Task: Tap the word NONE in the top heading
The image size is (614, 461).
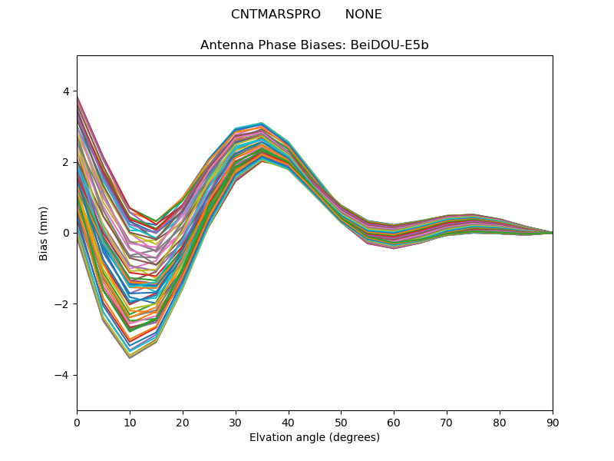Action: [363, 15]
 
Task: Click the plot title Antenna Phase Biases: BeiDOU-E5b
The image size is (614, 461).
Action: [315, 45]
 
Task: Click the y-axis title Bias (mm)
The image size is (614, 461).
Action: [44, 233]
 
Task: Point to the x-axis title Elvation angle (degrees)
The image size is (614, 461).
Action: [315, 437]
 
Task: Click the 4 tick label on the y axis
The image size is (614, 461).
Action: [65, 91]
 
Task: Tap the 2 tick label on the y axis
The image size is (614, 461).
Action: [65, 162]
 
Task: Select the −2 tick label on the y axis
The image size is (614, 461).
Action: [62, 304]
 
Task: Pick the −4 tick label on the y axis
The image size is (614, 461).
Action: [62, 375]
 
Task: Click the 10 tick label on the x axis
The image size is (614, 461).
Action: [130, 422]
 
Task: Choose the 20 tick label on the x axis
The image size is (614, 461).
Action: [183, 422]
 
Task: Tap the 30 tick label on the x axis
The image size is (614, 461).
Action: [236, 422]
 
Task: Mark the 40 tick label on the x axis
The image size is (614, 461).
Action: [289, 422]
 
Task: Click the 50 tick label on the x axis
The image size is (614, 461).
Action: [341, 422]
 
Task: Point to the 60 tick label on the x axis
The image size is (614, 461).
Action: [394, 422]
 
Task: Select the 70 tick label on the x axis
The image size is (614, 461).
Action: [447, 422]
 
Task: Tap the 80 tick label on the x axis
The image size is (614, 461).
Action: [500, 422]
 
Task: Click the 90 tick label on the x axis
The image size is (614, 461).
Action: [553, 422]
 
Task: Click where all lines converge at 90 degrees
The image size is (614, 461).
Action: [552, 233]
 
